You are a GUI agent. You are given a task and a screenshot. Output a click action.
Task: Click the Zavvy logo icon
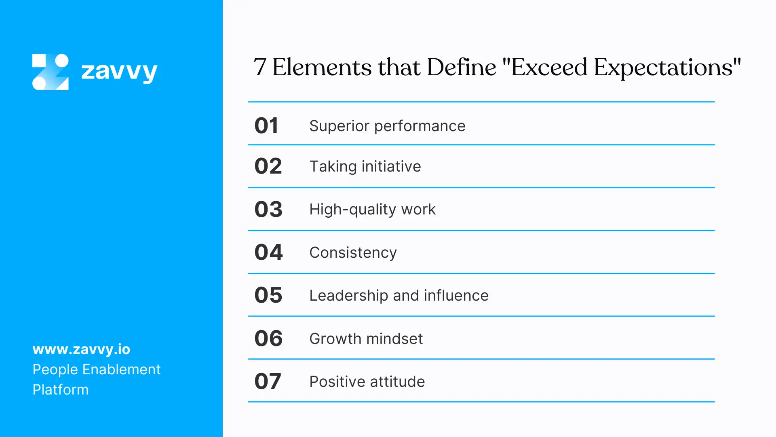tap(51, 72)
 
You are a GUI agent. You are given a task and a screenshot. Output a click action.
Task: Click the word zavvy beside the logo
tap(119, 72)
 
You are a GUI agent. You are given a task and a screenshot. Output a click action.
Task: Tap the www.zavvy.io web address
tap(81, 349)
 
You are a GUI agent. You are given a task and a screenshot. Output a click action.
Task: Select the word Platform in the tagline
tap(60, 390)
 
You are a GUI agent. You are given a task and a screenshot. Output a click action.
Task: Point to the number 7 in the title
tap(260, 68)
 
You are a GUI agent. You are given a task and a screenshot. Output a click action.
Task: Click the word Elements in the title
tap(322, 68)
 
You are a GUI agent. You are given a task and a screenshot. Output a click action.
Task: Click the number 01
tap(266, 125)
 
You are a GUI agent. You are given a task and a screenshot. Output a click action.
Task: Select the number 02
tap(268, 166)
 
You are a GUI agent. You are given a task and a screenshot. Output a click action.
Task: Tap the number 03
tap(268, 209)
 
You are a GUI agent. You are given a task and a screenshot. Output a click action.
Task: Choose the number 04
tap(268, 252)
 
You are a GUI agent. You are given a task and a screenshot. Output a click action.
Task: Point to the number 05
tap(268, 295)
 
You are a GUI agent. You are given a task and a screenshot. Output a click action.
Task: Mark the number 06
tap(268, 338)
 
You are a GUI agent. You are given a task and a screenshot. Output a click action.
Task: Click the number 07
tap(268, 381)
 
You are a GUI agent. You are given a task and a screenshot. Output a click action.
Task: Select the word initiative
tap(391, 166)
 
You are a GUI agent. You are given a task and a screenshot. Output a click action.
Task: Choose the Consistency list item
tap(353, 252)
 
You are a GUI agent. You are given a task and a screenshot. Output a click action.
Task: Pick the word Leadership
tap(348, 296)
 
